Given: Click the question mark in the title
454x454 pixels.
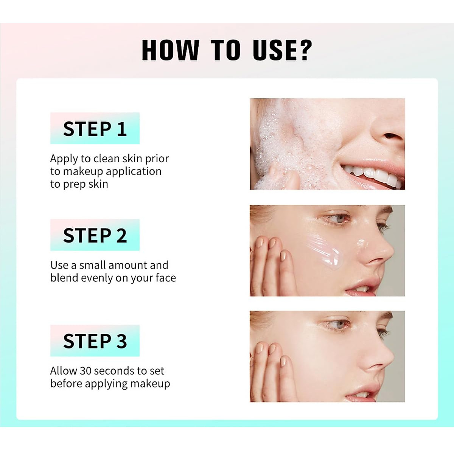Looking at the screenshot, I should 303,50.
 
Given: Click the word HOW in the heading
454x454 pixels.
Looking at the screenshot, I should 170,50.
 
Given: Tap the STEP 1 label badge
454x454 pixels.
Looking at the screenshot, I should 95,129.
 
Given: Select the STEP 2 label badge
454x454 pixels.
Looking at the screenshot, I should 95,235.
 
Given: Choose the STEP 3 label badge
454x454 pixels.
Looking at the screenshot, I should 95,340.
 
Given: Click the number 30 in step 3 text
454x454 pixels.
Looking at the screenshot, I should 86,371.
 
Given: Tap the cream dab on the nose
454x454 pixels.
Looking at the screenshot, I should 362,243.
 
